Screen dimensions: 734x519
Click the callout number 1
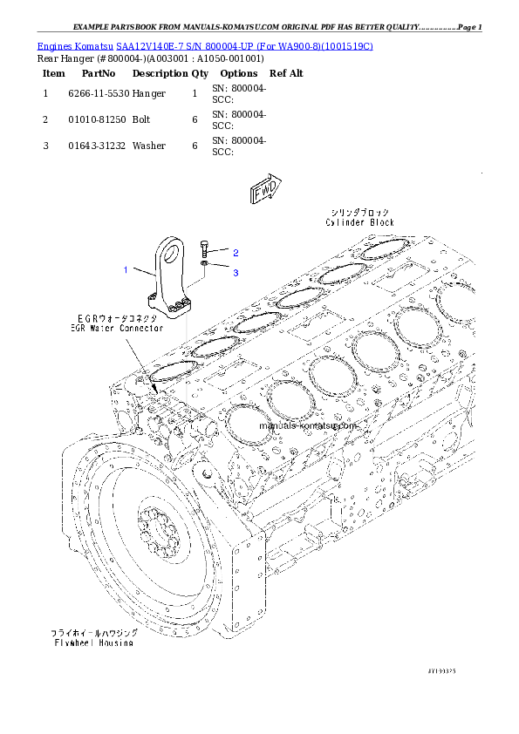126,269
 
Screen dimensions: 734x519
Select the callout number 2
236,252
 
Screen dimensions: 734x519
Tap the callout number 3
236,272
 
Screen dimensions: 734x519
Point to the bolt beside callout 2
203,248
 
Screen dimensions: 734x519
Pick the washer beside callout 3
203,262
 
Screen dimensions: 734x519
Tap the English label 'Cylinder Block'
360,223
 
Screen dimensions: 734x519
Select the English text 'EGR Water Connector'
117,330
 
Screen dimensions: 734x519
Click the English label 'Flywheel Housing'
92,642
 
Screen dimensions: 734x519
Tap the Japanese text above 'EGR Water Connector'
117,319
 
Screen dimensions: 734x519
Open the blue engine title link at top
205,45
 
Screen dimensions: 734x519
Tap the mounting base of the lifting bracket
172,308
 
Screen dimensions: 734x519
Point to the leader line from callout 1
143,274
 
